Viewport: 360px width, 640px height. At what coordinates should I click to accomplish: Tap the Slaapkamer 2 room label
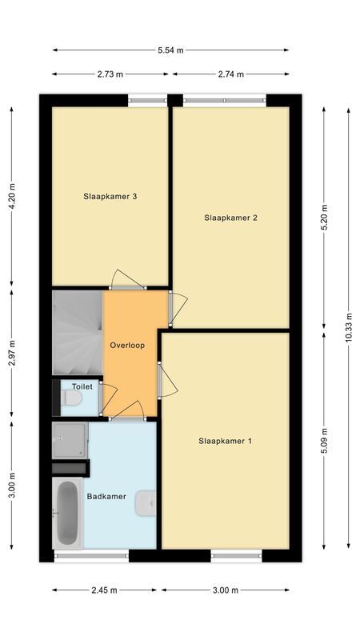(230, 217)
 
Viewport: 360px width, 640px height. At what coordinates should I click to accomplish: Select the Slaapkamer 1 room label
(225, 440)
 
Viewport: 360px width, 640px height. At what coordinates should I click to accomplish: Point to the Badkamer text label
(106, 496)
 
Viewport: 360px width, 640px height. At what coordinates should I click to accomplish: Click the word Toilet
(82, 386)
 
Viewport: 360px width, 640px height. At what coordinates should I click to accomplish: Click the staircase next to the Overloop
(78, 332)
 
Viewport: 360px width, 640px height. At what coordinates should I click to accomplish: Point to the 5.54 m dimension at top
(170, 50)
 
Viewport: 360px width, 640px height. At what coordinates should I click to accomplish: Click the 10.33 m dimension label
(348, 328)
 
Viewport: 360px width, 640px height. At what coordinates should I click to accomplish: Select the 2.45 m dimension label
(104, 590)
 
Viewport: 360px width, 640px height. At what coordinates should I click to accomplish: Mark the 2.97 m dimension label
(11, 352)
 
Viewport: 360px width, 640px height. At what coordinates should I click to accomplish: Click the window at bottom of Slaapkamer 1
(238, 554)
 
